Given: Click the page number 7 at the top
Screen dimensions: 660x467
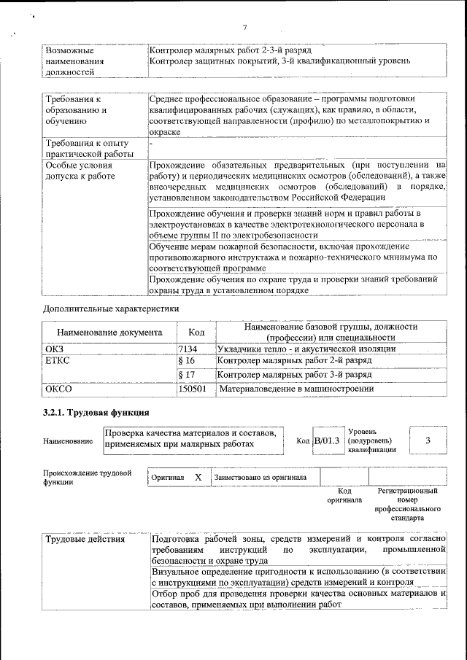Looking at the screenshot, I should pyautogui.click(x=244, y=28).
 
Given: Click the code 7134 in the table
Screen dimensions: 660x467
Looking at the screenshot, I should pyautogui.click(x=188, y=349).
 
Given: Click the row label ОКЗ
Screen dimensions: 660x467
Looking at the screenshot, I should pyautogui.click(x=55, y=349).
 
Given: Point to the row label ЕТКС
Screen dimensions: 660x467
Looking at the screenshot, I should pyautogui.click(x=57, y=361).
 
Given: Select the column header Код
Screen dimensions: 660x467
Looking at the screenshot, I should pyautogui.click(x=196, y=332).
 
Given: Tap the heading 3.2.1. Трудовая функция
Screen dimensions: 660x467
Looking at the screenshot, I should pyautogui.click(x=96, y=414).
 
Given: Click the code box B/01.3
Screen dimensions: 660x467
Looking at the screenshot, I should pyautogui.click(x=326, y=440).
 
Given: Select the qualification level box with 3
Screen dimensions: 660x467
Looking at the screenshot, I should pyautogui.click(x=428, y=440).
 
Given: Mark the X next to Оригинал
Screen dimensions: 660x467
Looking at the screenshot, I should pyautogui.click(x=198, y=477).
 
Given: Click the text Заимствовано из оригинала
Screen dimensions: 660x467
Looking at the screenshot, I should pyautogui.click(x=260, y=477).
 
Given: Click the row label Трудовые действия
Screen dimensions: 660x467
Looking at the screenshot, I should pyautogui.click(x=85, y=540).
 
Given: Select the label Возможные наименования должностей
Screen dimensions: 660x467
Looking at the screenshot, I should pyautogui.click(x=74, y=62).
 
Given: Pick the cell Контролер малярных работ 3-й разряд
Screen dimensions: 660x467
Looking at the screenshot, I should pyautogui.click(x=295, y=375).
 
